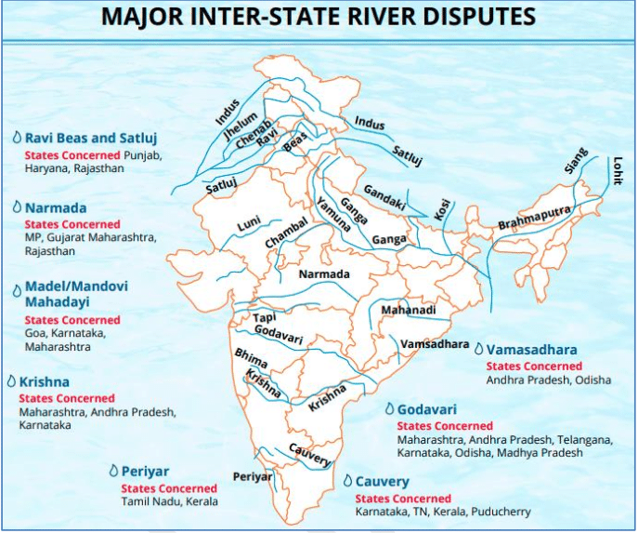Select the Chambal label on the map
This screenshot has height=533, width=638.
coord(285,233)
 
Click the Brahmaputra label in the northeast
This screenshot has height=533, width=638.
coord(534,220)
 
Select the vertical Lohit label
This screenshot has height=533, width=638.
coord(617,170)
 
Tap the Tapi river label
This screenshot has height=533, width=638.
coord(265,319)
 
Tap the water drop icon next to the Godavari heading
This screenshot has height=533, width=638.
coord(388,409)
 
